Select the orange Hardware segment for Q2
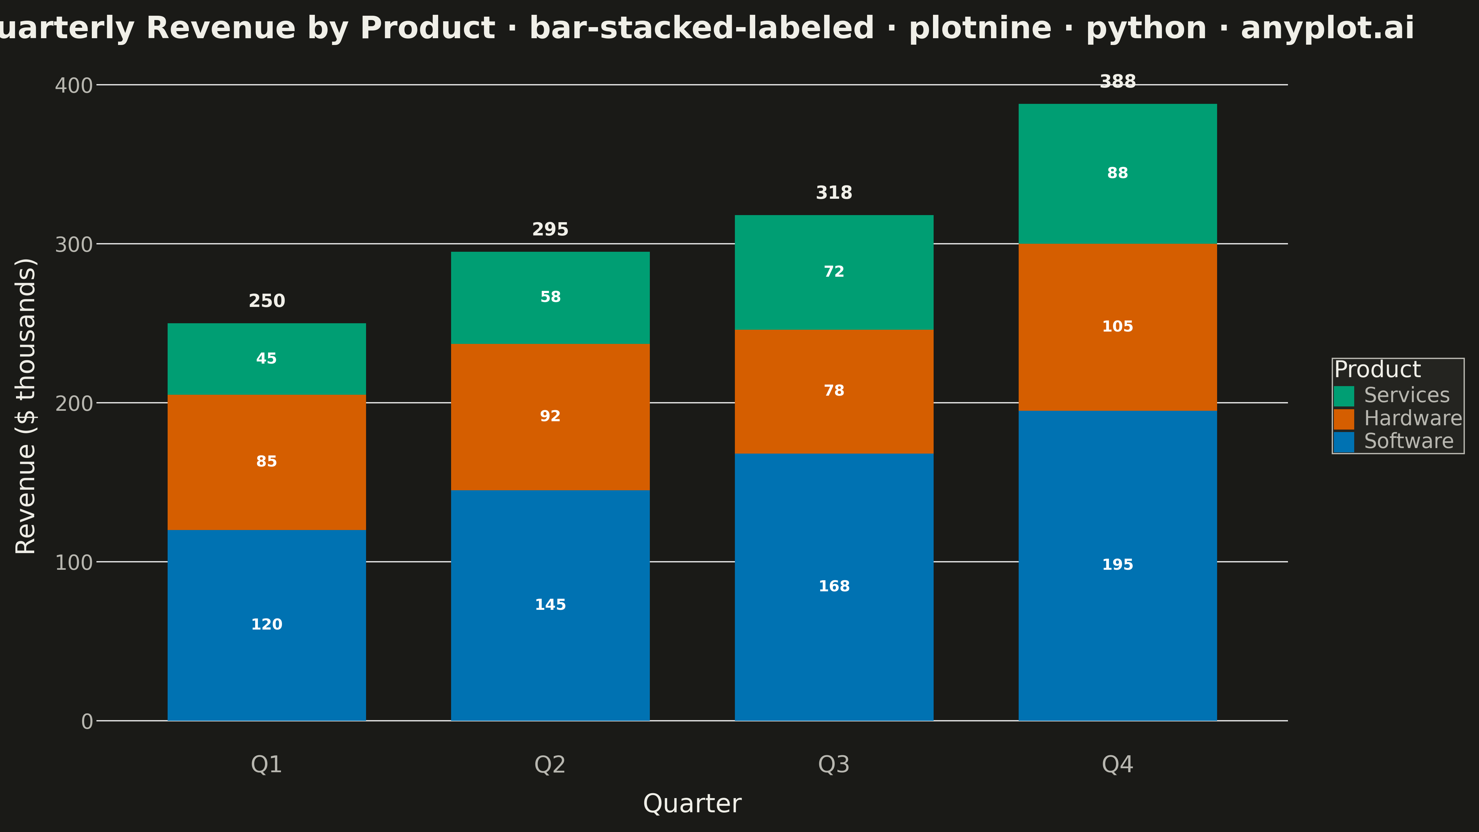[550, 417]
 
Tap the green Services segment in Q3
[834, 272]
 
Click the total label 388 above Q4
[1117, 82]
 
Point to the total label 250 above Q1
[267, 301]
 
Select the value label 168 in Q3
[834, 586]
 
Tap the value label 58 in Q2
[550, 297]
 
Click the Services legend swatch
[1343, 396]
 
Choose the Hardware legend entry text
[1412, 418]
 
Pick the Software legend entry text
[1408, 441]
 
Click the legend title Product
[1377, 369]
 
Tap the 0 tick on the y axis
[87, 721]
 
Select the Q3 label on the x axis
[834, 764]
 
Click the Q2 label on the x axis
[550, 764]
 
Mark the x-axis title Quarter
[692, 803]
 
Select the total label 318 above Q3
[834, 192]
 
